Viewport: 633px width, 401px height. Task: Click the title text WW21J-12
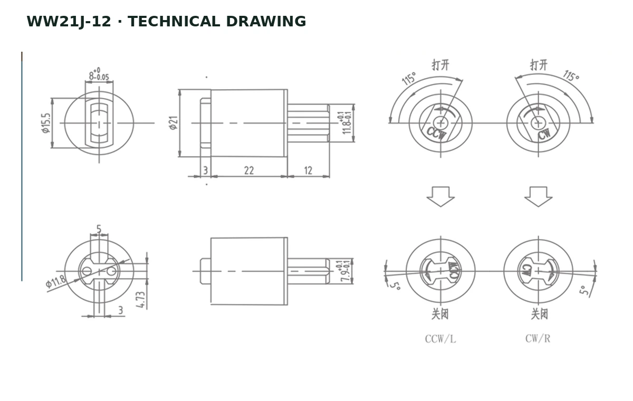pos(69,22)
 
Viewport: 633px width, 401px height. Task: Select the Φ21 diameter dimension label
pos(174,122)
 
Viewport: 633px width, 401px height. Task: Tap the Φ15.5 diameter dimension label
pos(46,123)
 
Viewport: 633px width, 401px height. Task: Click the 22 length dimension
pos(249,170)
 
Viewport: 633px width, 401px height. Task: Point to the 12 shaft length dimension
pos(308,170)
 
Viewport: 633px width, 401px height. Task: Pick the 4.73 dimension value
pos(140,300)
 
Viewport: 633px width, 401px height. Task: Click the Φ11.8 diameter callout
pos(56,281)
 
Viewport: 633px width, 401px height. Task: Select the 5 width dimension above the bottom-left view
pos(99,229)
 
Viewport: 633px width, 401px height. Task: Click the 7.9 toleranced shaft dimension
pos(345,271)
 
